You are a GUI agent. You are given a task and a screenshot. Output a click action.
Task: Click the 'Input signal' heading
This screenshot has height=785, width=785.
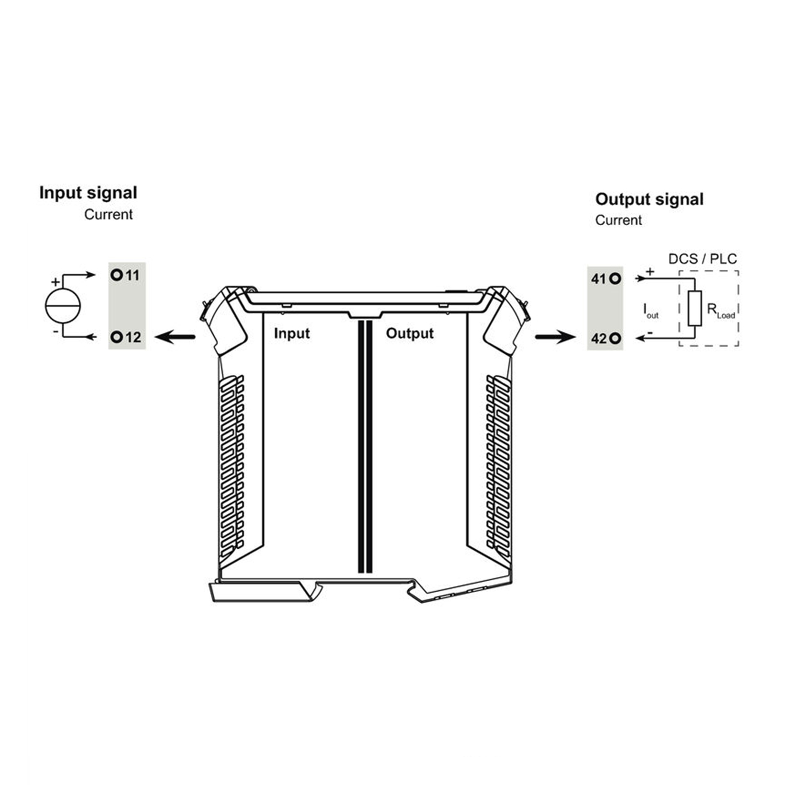coord(88,193)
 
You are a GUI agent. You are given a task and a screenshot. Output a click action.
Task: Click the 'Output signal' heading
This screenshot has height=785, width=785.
coord(649,200)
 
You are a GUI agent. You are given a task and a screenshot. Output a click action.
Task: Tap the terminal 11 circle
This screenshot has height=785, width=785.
coord(116,275)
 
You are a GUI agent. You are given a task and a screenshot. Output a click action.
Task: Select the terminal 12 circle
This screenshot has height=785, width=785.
coord(116,337)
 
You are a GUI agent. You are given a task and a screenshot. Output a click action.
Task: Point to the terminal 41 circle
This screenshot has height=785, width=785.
coord(616,279)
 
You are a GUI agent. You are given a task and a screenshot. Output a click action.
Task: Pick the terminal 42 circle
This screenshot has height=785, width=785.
coord(616,339)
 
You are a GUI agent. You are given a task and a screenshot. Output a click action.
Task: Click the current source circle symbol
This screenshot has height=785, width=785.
coord(63,305)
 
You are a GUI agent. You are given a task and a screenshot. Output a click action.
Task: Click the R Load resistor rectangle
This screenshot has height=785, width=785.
coord(695,308)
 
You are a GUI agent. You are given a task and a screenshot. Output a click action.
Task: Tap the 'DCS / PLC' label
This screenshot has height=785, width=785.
coord(702,259)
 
